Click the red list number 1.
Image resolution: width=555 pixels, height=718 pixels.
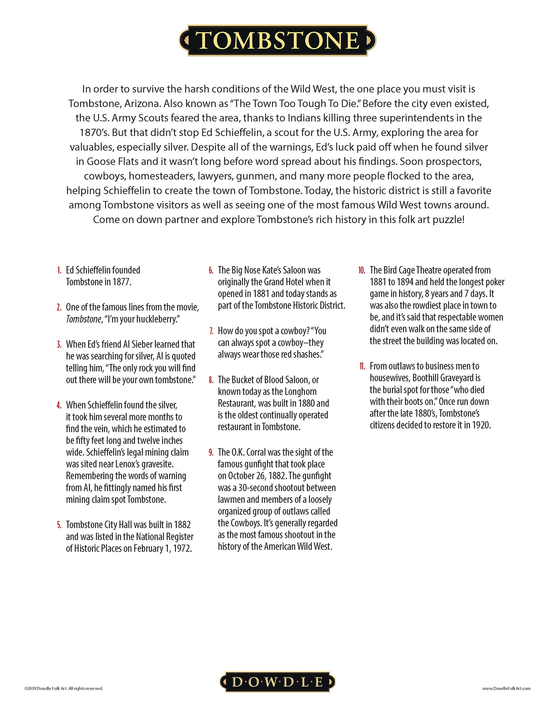coord(59,270)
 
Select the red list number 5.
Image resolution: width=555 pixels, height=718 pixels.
coord(59,525)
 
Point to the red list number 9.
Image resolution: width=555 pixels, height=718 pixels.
coord(211,452)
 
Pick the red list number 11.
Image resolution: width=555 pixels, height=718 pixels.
coord(362,366)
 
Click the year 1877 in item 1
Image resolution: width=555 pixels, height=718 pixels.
coord(121,282)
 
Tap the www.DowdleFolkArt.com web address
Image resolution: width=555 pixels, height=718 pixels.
coord(506,688)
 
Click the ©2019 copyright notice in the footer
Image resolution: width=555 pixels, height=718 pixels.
coord(64,688)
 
